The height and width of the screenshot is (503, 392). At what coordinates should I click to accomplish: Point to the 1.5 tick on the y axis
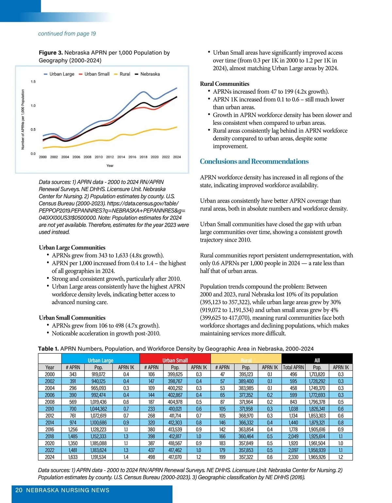pos(33,82)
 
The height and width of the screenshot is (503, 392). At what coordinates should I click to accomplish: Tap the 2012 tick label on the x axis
pos(110,157)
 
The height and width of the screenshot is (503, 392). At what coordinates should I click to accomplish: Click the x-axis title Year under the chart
pos(110,166)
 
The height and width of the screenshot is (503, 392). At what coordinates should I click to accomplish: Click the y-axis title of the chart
pos(23,120)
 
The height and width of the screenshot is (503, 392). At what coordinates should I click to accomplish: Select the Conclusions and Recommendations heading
pos(254,161)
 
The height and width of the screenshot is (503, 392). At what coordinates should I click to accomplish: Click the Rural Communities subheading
pos(224,84)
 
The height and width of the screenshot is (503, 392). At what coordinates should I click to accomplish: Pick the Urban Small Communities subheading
pos(72,318)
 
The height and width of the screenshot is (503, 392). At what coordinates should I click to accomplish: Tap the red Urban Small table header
pos(175,360)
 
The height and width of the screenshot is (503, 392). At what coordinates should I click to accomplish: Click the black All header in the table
pos(317,360)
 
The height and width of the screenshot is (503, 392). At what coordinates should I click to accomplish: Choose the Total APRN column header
pos(293,367)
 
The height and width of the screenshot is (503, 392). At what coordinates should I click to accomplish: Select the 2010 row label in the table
pos(50,409)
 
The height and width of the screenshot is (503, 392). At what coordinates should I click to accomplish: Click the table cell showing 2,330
pos(293,457)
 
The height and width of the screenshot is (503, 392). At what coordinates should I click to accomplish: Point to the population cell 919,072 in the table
pos(98,375)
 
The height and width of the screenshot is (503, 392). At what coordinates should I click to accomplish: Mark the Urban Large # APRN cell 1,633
pos(73,457)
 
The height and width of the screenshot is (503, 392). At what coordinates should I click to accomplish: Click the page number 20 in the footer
pos(19,490)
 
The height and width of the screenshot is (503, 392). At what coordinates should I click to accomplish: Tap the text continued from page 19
pos(67,34)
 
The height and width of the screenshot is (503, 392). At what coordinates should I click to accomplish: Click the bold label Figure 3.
pos(51,53)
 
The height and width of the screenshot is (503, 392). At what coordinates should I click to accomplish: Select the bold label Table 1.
pos(48,349)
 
